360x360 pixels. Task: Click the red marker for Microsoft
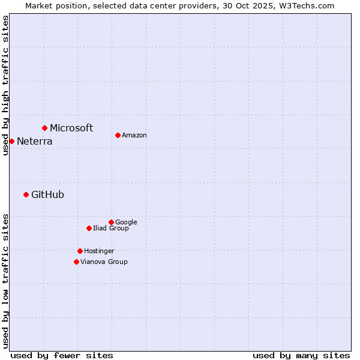[x=44, y=128]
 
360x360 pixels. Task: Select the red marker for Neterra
[x=11, y=141]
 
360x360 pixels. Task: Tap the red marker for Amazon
[x=118, y=135]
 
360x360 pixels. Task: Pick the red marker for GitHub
[x=26, y=194]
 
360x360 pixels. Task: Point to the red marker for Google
[x=111, y=222]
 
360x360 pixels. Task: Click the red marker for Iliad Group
[x=89, y=228]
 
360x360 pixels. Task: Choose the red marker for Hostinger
[x=80, y=251]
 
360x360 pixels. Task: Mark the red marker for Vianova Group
[x=76, y=262]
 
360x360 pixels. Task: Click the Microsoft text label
[x=71, y=128]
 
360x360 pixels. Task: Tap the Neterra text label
[x=34, y=142]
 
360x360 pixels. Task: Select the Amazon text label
[x=134, y=136]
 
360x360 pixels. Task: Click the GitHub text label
[x=47, y=194]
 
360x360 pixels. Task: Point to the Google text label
[x=126, y=223]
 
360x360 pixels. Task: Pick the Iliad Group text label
[x=111, y=229]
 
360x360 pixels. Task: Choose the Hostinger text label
[x=99, y=251]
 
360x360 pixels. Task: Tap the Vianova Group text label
[x=104, y=262]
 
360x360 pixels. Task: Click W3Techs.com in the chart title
[x=305, y=6]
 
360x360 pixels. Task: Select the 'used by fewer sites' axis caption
[x=62, y=355]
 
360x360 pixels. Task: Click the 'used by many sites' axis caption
[x=301, y=355]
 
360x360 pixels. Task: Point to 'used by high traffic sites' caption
[x=6, y=85]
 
